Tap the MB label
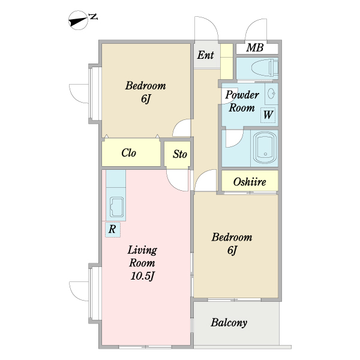(x=255, y=48)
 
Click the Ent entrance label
(x=205, y=55)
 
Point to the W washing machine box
(x=268, y=115)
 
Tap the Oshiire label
(x=250, y=182)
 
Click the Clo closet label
(x=128, y=152)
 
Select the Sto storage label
(x=180, y=154)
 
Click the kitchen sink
(x=117, y=207)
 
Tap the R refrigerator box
(x=113, y=229)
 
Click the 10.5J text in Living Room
(x=143, y=276)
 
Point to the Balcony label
(x=229, y=323)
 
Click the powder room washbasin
(x=272, y=94)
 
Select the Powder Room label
(x=242, y=101)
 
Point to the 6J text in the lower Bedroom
(x=232, y=250)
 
